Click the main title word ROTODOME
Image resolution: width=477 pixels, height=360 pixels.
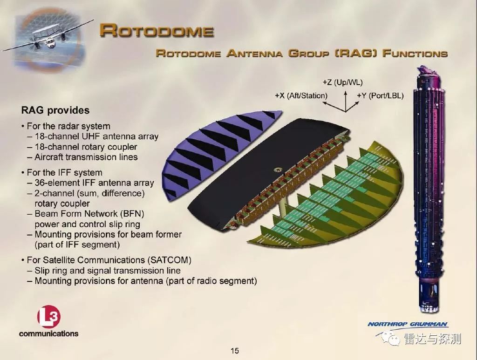tap(157, 31)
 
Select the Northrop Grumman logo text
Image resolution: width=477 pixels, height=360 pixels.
tap(408, 325)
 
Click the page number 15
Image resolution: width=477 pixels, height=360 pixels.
tap(235, 350)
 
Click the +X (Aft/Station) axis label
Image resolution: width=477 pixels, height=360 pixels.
tap(301, 95)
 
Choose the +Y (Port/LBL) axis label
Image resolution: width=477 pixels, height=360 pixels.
tap(380, 95)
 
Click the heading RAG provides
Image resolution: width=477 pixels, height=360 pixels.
tap(55, 110)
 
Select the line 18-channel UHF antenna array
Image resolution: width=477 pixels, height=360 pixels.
tap(96, 136)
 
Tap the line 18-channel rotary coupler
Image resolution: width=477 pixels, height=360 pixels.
tap(86, 147)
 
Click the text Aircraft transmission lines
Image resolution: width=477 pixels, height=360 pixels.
tap(86, 157)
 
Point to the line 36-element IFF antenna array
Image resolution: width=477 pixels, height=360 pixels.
tap(94, 183)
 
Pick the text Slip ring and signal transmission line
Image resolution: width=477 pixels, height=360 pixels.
tap(107, 271)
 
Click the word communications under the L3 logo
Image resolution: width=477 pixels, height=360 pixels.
tap(48, 333)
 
